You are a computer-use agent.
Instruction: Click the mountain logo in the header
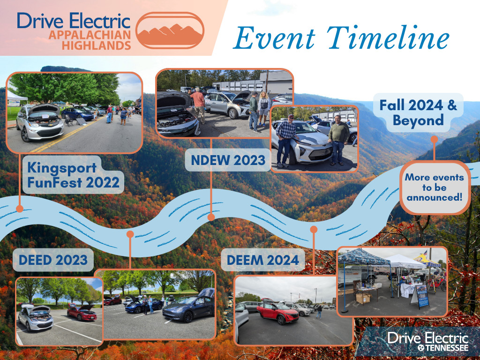pos(170,30)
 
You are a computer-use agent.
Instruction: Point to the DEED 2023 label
pos(53,259)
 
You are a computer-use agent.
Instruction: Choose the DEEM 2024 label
pos(262,259)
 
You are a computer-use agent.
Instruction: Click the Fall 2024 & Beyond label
pos(418,112)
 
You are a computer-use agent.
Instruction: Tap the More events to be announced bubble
pos(434,187)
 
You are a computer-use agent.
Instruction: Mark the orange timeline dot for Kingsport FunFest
pos(19,209)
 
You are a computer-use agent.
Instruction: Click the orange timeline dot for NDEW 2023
pos(211,217)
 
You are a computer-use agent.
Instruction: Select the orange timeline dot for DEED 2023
pos(130,233)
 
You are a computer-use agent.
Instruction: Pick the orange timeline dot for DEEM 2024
pos(314,229)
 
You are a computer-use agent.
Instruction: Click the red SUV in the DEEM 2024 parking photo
pos(277,313)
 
